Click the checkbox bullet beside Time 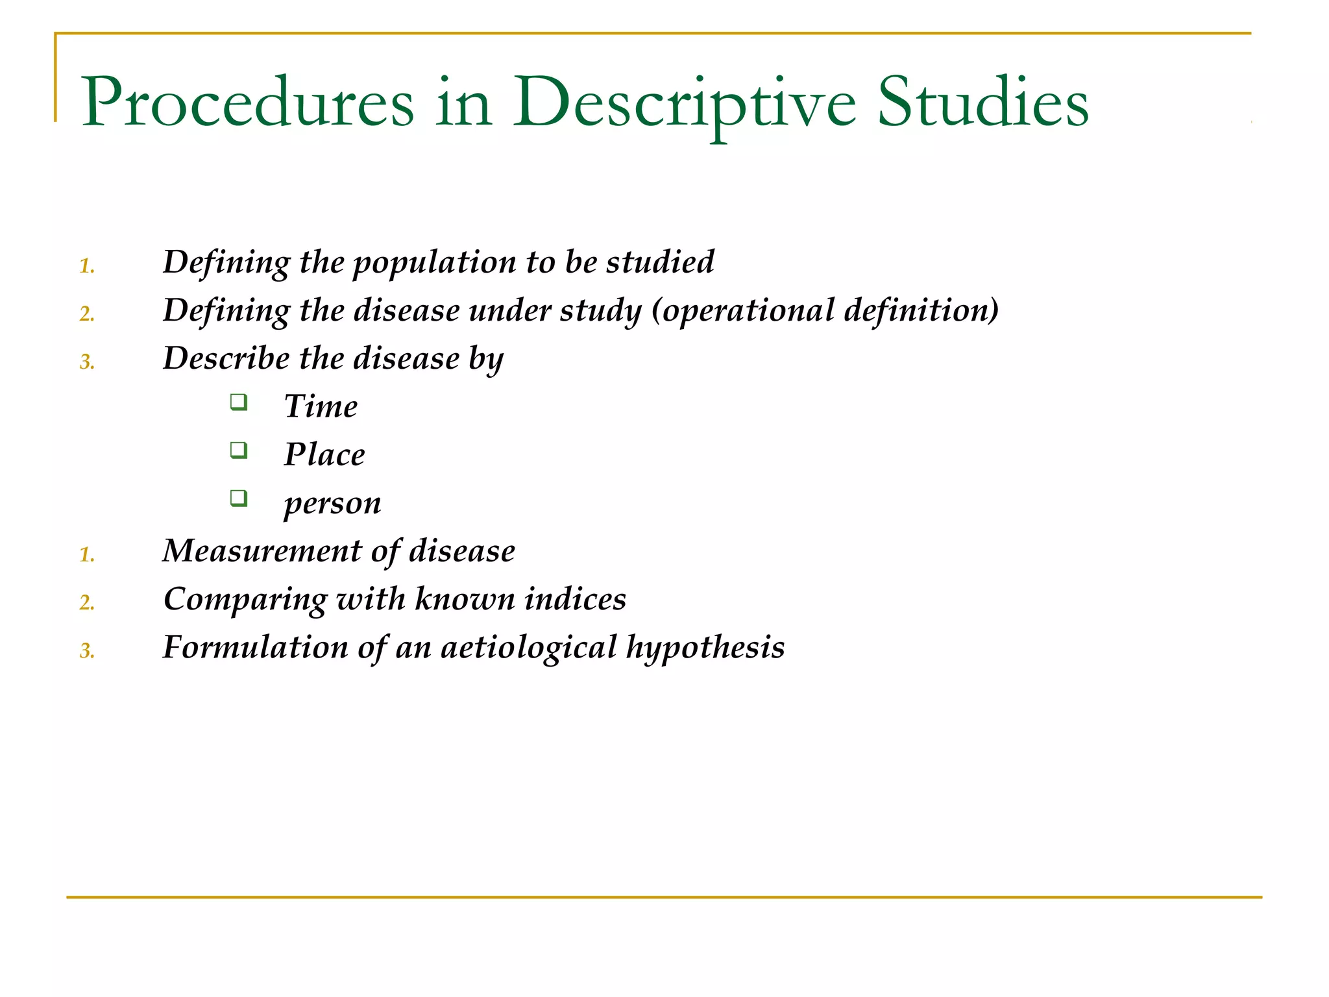(239, 402)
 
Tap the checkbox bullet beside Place (239, 450)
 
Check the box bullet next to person (239, 498)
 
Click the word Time (321, 406)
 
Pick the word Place (324, 454)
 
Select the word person (332, 504)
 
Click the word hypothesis (705, 648)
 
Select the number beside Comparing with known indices (87, 603)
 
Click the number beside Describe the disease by (87, 362)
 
